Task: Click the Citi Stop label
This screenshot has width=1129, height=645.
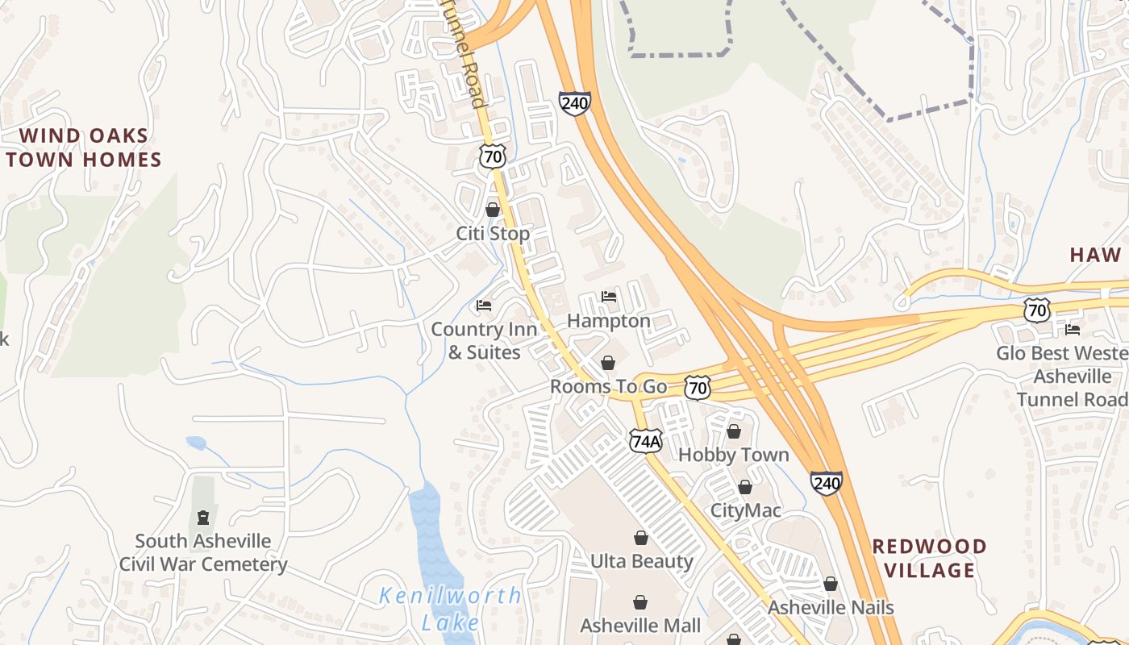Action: tap(493, 234)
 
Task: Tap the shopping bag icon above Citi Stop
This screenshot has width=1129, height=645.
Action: tap(493, 210)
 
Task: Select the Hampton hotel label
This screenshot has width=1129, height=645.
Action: tap(608, 321)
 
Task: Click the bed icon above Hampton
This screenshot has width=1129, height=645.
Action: tap(609, 297)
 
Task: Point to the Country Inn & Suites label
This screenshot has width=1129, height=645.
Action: tap(484, 340)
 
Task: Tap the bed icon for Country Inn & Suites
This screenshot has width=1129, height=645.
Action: tap(484, 306)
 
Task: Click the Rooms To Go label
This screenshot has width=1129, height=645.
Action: tap(608, 386)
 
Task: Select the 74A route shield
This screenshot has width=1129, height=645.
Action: tap(646, 441)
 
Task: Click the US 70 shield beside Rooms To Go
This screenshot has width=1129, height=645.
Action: tap(698, 388)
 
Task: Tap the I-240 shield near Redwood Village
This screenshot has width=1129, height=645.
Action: tap(827, 483)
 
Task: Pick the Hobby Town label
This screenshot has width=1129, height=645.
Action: tap(733, 455)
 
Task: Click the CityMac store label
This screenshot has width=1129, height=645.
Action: tap(745, 510)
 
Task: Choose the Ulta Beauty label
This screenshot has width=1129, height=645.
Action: tap(641, 561)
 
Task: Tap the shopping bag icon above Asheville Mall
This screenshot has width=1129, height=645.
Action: tap(640, 602)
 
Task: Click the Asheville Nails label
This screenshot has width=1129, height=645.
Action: tap(831, 607)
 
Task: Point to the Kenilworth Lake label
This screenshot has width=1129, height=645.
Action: tap(451, 609)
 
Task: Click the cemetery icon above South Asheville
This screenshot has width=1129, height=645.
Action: tap(203, 517)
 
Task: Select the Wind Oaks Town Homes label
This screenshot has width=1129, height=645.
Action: tap(83, 148)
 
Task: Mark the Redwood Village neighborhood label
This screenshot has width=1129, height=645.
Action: tap(929, 558)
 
